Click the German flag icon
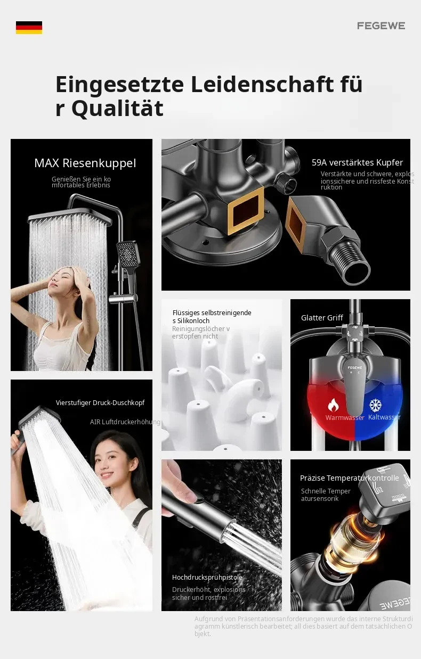pos(29,28)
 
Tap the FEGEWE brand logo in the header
pos(381,26)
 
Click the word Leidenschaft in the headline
pos(262,85)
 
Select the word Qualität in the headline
pos(117,108)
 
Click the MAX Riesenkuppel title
pos(85,163)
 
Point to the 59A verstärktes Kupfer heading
pos(357,163)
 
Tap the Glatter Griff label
pos(322,318)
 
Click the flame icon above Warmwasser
pos(333,405)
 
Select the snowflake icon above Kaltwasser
pos(375,406)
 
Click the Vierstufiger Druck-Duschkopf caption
pos(100,403)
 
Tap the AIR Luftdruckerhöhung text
pos(125,422)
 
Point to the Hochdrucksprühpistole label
pos(207,578)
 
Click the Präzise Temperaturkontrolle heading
pos(350,478)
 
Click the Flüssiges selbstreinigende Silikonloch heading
pos(212,317)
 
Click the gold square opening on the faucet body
pos(246,210)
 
